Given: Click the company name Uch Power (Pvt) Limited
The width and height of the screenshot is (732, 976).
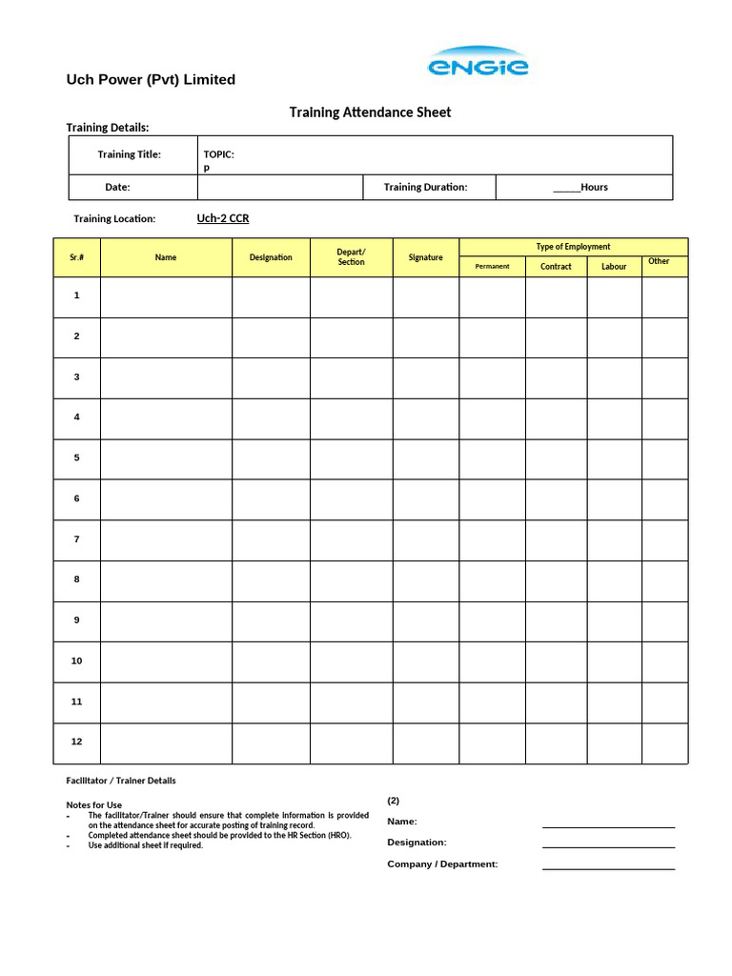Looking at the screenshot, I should (x=151, y=80).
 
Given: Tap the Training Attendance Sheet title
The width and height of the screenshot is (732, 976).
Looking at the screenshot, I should (x=370, y=112).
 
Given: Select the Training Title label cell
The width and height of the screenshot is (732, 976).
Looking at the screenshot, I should (x=130, y=154).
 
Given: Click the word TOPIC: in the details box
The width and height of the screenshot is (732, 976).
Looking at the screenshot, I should (x=219, y=154).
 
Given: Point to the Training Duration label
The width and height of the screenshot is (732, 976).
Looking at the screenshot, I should (x=425, y=187).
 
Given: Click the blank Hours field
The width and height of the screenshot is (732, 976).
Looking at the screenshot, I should (x=580, y=187).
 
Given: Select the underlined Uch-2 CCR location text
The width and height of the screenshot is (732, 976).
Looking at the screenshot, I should (x=223, y=218).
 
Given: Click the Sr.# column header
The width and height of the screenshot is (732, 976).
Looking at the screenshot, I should (x=77, y=257).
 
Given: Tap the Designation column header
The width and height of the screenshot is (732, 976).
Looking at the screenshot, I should (x=271, y=257).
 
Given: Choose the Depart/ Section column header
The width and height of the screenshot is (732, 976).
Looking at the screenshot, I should (x=351, y=257).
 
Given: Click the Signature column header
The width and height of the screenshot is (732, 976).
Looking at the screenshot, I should (x=425, y=257).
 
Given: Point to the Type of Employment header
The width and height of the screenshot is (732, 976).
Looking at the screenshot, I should (x=573, y=247).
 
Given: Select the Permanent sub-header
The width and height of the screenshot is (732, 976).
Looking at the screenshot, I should (x=492, y=267).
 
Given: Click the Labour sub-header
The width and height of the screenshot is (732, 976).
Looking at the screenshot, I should (x=614, y=267).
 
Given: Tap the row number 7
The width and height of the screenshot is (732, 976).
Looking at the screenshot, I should (x=77, y=539).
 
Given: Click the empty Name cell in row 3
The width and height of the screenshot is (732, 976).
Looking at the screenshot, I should (x=166, y=377).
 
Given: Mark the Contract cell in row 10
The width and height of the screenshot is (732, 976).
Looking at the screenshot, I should (x=556, y=661).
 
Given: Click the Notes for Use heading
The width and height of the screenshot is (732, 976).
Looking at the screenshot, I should (x=93, y=805).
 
